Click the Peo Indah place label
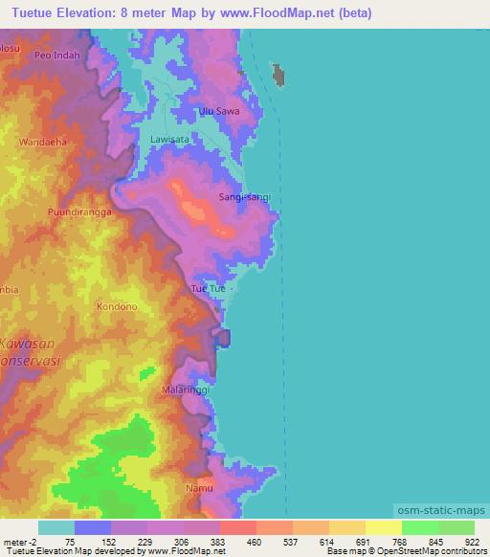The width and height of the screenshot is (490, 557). click(x=56, y=56)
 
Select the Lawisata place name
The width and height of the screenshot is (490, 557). click(x=170, y=139)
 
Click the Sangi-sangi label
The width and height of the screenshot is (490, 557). click(x=245, y=196)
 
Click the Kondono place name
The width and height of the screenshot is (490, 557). click(x=118, y=307)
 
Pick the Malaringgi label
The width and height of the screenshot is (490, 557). click(x=186, y=390)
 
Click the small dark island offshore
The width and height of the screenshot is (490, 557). click(x=280, y=76)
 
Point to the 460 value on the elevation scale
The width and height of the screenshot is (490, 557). click(x=254, y=541)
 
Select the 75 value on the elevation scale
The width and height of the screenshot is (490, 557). click(x=70, y=541)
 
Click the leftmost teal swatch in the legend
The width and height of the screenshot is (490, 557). click(x=56, y=527)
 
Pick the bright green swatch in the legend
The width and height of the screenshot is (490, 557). click(x=420, y=527)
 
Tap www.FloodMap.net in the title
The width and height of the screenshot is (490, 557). click(x=284, y=13)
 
